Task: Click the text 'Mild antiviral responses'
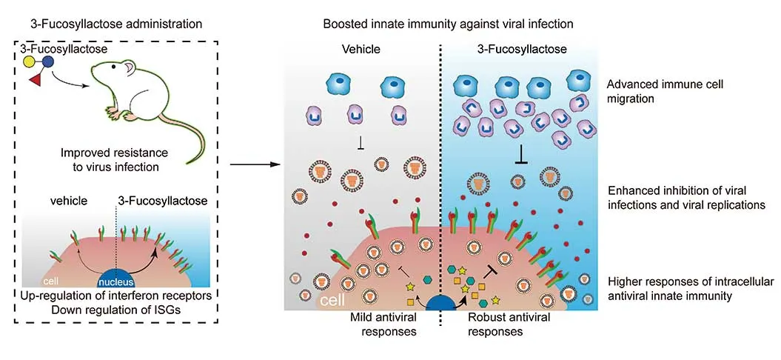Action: tap(384, 324)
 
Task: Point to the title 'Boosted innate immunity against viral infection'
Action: tap(448, 24)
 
